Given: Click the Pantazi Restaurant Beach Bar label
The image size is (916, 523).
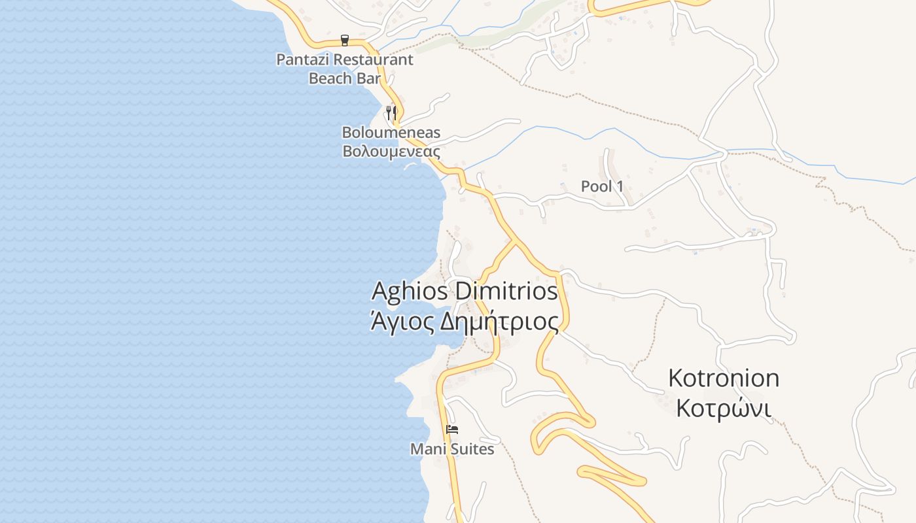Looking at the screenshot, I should point(345,69).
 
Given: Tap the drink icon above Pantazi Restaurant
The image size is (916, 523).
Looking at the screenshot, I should point(345,41).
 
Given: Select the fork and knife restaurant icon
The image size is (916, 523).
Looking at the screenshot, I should point(391,112).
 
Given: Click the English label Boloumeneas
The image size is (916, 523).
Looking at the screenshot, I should point(391,133).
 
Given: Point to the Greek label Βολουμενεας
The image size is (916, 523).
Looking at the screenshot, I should point(391,152).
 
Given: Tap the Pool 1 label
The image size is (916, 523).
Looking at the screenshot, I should point(602,186).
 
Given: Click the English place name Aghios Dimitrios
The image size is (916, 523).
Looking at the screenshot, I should point(465,291).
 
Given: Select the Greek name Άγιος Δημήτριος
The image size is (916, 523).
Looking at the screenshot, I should point(465,322).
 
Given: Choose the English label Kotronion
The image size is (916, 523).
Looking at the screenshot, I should point(724,378).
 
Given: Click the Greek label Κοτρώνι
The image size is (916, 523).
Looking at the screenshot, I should point(724,408).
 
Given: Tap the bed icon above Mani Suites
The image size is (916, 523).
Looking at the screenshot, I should point(452,430).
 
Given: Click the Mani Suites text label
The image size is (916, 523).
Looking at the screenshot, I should point(452,450).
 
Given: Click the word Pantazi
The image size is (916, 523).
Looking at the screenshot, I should point(303,59).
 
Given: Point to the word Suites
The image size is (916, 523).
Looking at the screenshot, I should point(471,450).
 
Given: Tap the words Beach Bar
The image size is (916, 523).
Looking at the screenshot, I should point(345,78).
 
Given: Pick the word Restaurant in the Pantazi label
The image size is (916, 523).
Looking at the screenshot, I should point(374,59).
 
